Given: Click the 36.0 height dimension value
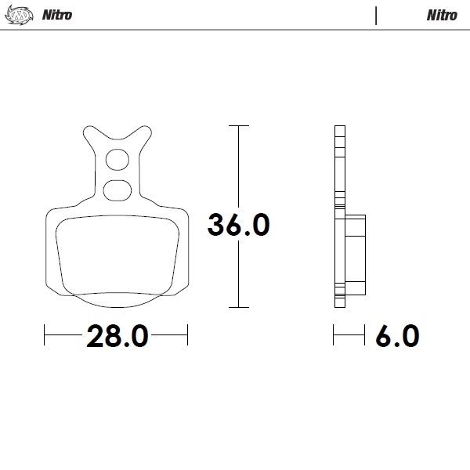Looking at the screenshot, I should tap(238, 226).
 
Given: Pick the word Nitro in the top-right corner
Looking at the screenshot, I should tap(442, 15).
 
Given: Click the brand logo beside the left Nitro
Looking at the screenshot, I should tap(23, 15).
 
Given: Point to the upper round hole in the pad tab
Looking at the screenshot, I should tap(117, 160).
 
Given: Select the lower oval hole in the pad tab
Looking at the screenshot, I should tap(117, 188).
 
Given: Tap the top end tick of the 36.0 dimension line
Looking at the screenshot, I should tap(238, 125).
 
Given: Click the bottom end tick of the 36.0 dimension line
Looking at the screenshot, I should tap(238, 306).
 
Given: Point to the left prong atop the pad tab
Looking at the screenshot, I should tap(89, 131).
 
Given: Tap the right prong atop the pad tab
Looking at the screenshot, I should tap(144, 131).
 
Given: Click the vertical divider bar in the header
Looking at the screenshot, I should tap(377, 15).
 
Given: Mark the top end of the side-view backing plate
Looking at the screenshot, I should tap(338, 128).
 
